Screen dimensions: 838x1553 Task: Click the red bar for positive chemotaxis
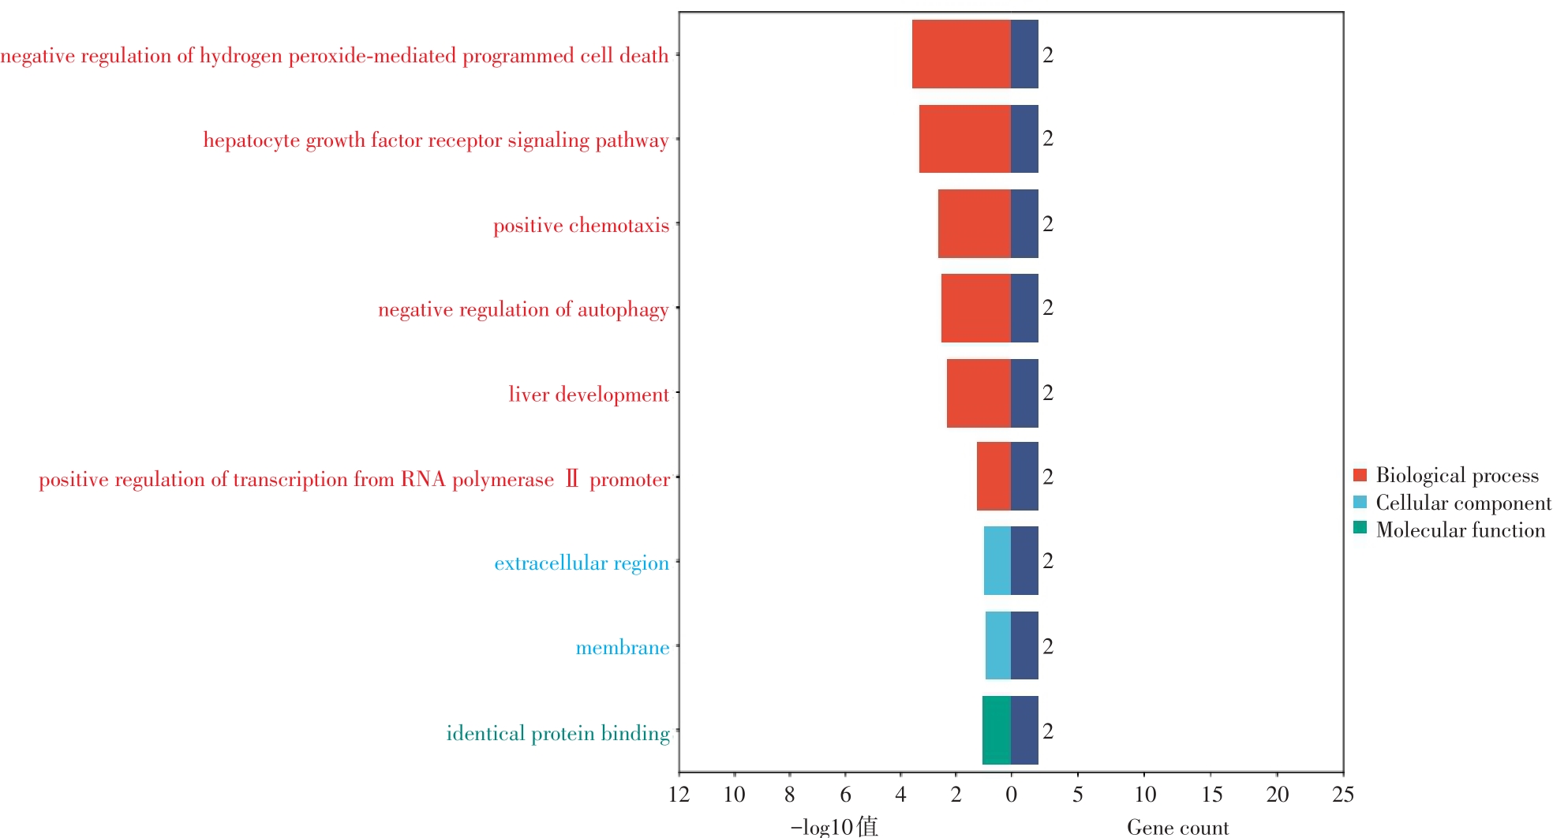pyautogui.click(x=974, y=223)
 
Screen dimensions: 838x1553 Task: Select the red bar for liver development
pyautogui.click(x=979, y=393)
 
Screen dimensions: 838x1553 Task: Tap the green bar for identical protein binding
pyautogui.click(x=996, y=730)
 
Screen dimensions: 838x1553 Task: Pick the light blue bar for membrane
pyautogui.click(x=997, y=645)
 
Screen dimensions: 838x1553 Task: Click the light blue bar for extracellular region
pyautogui.click(x=997, y=560)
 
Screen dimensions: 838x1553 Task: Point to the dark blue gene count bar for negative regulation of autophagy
pyautogui.click(x=1024, y=308)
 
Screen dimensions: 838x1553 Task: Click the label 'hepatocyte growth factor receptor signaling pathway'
pyautogui.click(x=436, y=140)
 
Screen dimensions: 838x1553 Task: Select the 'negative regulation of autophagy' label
pyautogui.click(x=523, y=309)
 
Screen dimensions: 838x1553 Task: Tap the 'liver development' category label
pyautogui.click(x=588, y=395)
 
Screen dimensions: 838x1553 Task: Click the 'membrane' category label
pyautogui.click(x=622, y=648)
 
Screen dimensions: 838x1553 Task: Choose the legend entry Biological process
pyautogui.click(x=1457, y=475)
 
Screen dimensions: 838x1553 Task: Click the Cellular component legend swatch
pyautogui.click(x=1360, y=502)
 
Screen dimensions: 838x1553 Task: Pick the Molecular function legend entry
pyautogui.click(x=1460, y=530)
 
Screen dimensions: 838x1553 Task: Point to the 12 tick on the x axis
pyautogui.click(x=679, y=794)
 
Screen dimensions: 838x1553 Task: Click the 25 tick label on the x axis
pyautogui.click(x=1343, y=794)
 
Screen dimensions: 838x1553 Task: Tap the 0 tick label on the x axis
pyautogui.click(x=1011, y=794)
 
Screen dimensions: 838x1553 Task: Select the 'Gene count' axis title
pyautogui.click(x=1177, y=827)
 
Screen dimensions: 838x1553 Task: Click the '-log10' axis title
pyautogui.click(x=833, y=827)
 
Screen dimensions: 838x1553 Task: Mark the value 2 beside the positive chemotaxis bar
pyautogui.click(x=1048, y=224)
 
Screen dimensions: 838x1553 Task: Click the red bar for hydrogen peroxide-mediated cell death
pyautogui.click(x=961, y=54)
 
